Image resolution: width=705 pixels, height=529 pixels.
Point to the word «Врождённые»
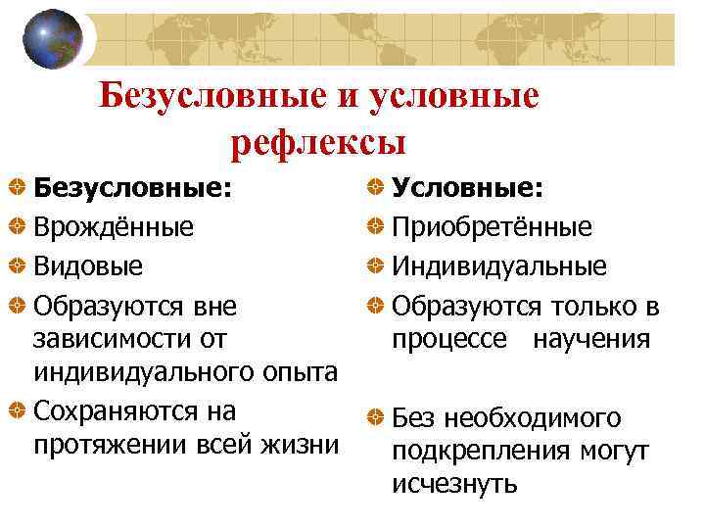coord(114,227)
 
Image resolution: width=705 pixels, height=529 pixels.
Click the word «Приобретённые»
coord(492,227)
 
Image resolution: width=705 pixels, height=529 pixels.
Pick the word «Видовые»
coord(88,266)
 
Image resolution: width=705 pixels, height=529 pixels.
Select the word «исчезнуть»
coord(454,484)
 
